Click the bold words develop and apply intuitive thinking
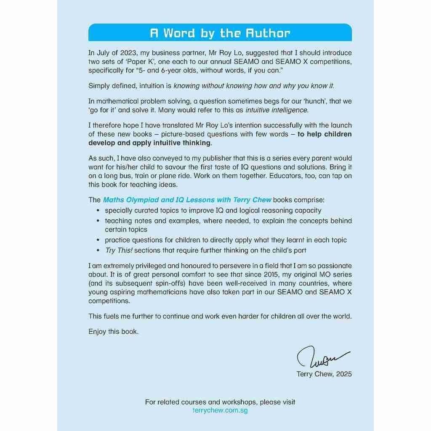[x=149, y=143]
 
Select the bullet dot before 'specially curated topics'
[x=98, y=210]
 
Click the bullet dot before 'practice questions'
[x=98, y=240]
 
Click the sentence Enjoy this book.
[x=113, y=332]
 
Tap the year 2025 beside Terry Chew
[x=342, y=374]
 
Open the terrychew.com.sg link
[x=220, y=410]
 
